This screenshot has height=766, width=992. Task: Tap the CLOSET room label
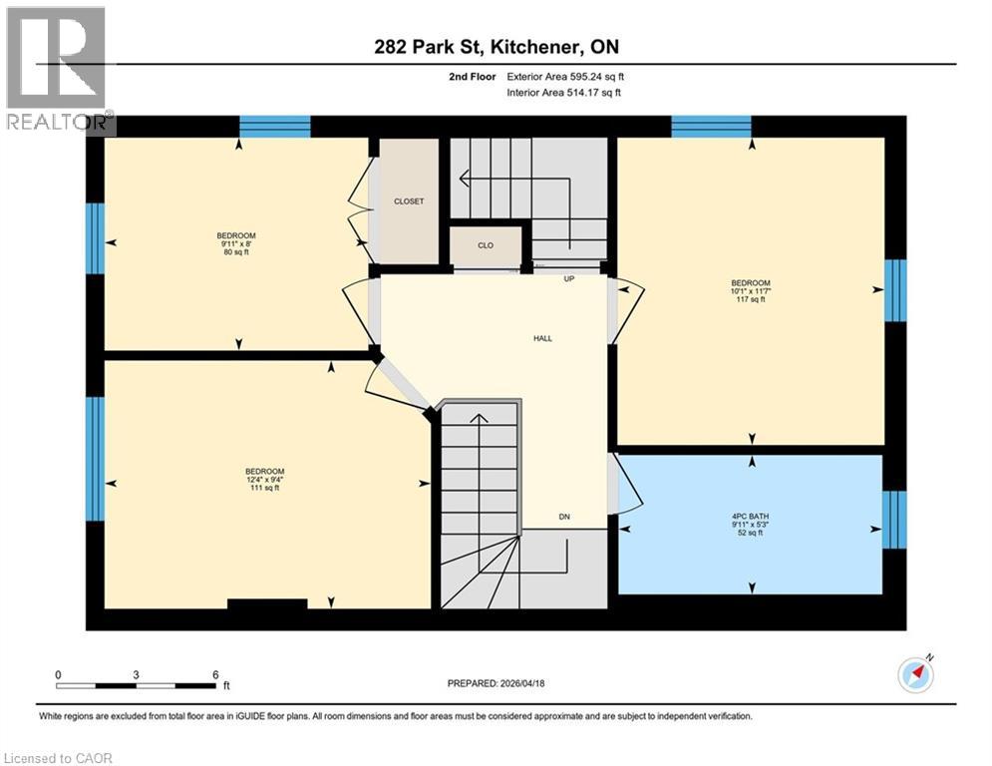(409, 201)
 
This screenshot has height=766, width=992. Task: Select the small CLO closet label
(485, 245)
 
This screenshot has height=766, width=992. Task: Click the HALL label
(542, 338)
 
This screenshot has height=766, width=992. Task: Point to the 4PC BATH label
(750, 517)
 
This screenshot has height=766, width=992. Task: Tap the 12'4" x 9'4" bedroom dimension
(265, 480)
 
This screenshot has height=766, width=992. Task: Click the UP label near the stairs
(569, 279)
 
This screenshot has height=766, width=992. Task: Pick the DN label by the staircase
(564, 517)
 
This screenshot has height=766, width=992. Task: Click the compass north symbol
(915, 675)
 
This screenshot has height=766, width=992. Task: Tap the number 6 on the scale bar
(215, 674)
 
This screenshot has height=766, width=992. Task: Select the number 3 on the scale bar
(136, 674)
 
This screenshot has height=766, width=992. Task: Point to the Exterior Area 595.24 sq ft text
(566, 76)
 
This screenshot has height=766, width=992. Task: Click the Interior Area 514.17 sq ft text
(565, 93)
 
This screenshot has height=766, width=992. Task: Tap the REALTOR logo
(57, 70)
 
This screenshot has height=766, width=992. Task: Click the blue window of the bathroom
(895, 520)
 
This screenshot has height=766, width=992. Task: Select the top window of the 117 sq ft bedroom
(711, 127)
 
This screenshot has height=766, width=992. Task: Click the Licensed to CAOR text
(59, 758)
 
